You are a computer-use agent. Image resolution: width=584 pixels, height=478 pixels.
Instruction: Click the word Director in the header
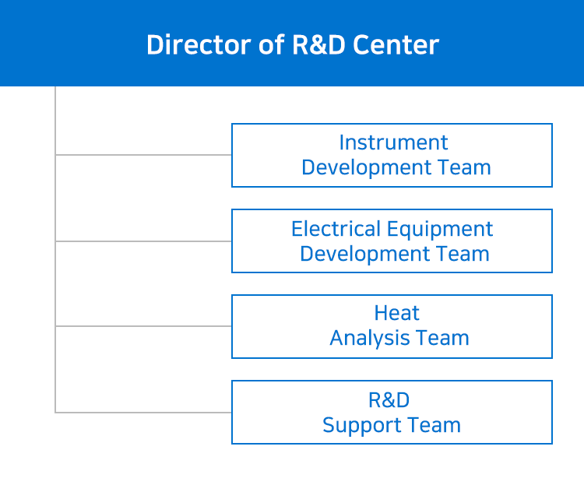click(x=198, y=44)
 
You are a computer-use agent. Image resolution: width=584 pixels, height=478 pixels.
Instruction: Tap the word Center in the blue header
click(x=396, y=44)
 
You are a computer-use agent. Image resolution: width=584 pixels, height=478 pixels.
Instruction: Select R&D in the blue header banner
click(x=318, y=44)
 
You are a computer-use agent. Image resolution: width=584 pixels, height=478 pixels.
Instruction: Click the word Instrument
click(x=393, y=142)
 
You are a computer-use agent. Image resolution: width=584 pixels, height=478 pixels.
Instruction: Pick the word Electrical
click(x=336, y=229)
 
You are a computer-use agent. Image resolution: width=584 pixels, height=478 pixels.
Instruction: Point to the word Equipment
click(x=440, y=230)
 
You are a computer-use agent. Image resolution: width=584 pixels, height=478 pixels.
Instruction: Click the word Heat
click(x=396, y=313)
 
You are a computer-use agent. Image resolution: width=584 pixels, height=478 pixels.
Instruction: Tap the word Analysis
click(x=369, y=339)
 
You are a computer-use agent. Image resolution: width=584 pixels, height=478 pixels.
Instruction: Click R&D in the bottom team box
click(x=389, y=400)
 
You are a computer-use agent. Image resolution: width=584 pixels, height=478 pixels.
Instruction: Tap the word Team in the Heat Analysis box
click(x=442, y=338)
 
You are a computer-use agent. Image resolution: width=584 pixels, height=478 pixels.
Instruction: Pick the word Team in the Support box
click(x=434, y=425)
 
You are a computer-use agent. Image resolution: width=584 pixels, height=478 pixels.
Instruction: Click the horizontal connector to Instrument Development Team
click(x=143, y=154)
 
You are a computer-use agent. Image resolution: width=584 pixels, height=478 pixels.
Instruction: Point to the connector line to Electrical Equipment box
click(x=143, y=241)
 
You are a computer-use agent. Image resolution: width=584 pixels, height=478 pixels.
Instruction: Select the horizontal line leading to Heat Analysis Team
click(x=143, y=326)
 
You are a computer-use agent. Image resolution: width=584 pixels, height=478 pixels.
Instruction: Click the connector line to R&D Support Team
click(x=143, y=413)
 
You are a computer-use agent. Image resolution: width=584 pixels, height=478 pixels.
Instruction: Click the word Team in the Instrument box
click(x=464, y=167)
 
